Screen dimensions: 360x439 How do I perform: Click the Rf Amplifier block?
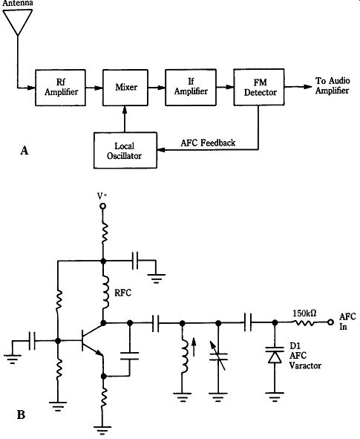[x=60, y=88]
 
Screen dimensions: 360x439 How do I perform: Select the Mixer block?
[x=125, y=88]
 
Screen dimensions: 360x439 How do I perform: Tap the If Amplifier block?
[x=191, y=88]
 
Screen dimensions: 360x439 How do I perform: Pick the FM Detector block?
[x=259, y=87]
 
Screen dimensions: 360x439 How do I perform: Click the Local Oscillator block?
[x=125, y=150]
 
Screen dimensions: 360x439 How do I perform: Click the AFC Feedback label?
[x=208, y=143]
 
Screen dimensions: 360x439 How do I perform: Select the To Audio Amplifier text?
[x=333, y=85]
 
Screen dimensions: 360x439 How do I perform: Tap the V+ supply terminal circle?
[x=103, y=207]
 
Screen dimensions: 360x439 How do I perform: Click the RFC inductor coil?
[x=105, y=292]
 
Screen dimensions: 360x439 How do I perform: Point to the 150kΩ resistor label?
[x=304, y=313]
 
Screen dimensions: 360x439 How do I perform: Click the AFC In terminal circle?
[x=330, y=322]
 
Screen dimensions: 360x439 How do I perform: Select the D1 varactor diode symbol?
[x=275, y=355]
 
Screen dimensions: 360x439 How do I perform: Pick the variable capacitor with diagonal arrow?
[x=218, y=356]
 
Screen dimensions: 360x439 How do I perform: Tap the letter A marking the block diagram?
[x=24, y=151]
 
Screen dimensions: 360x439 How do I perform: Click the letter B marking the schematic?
[x=21, y=414]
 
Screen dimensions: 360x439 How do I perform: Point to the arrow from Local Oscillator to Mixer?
[x=125, y=120]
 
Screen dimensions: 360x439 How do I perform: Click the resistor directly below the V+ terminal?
[x=104, y=232]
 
